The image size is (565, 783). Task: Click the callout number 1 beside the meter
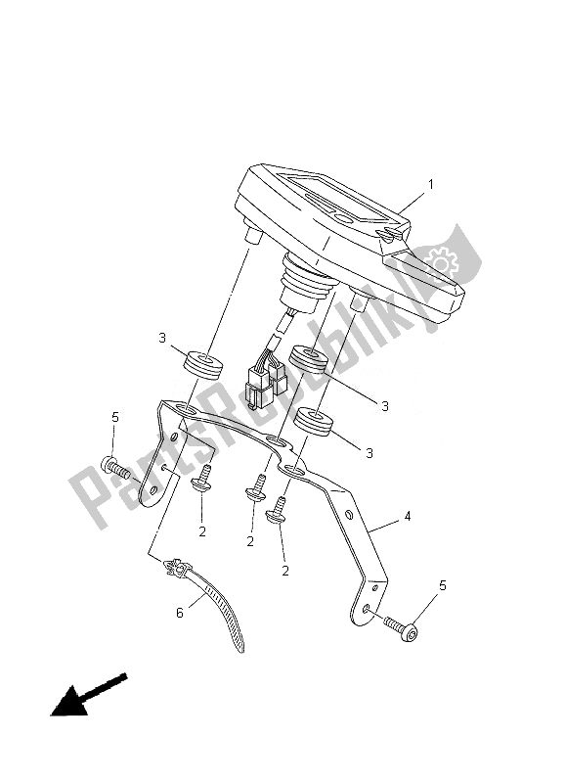click(430, 185)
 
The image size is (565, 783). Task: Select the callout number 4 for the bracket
click(408, 517)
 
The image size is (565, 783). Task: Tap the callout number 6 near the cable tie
click(180, 613)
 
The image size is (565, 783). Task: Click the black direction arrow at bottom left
click(89, 695)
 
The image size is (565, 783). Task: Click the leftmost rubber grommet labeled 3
click(204, 368)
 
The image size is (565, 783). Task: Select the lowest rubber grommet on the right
click(313, 423)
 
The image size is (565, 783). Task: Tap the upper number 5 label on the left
click(115, 417)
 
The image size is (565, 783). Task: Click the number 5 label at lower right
click(442, 585)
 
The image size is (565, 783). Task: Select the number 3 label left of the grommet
click(162, 338)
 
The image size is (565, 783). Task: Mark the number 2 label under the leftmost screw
click(202, 531)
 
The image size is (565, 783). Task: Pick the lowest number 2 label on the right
click(285, 571)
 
